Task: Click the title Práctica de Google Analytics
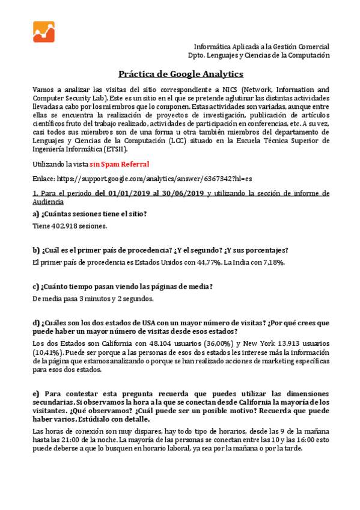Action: [x=180, y=73]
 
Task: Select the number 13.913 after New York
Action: [x=276, y=343]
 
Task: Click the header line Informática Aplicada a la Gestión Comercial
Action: [x=261, y=46]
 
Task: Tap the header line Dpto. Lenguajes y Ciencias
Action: [x=258, y=55]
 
